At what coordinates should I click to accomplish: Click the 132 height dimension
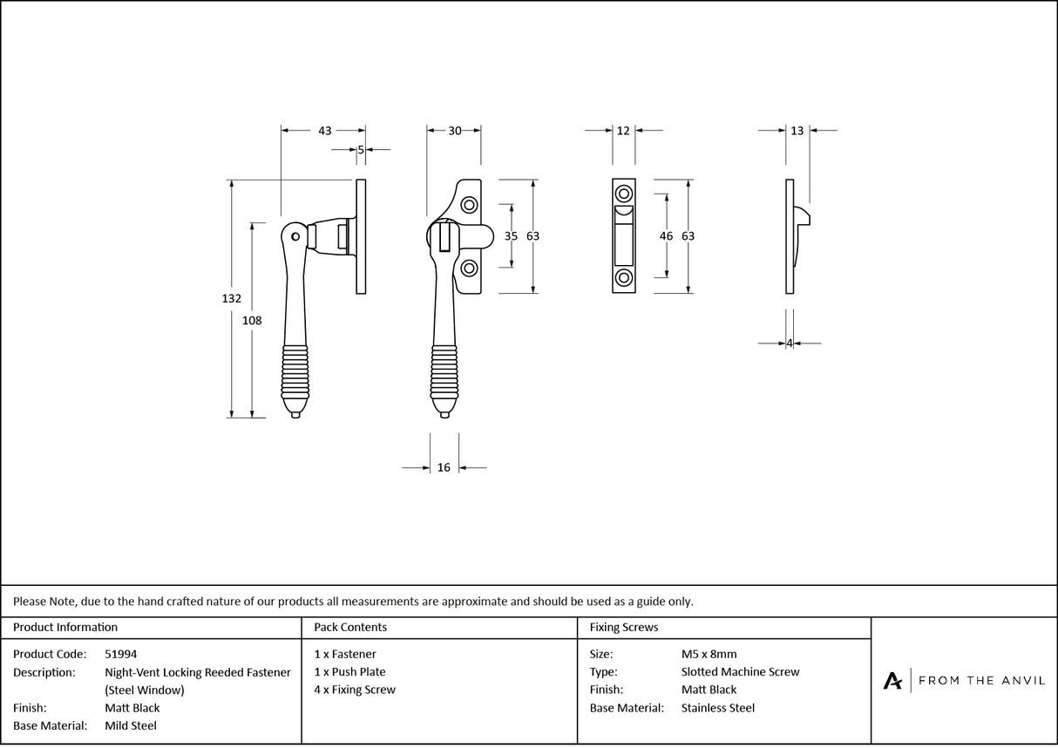point(231,298)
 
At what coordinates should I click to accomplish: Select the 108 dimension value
point(252,320)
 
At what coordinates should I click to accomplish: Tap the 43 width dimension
point(324,131)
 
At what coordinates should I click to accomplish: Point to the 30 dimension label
point(455,131)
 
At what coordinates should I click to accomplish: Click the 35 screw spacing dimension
point(512,236)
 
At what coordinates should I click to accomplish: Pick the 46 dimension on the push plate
point(667,236)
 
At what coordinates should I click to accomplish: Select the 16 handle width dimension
point(444,468)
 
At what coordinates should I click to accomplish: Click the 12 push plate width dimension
point(623,131)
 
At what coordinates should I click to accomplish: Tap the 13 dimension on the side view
point(797,131)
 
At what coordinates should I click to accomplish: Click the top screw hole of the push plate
point(624,194)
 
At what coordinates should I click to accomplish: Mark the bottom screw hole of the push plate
point(624,278)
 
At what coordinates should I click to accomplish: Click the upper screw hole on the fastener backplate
point(470,205)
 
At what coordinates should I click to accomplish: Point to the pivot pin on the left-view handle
point(296,235)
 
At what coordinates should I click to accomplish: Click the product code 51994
point(120,654)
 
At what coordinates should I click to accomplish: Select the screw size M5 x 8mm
point(709,654)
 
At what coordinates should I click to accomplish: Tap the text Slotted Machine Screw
point(740,672)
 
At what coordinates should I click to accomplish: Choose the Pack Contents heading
point(350,627)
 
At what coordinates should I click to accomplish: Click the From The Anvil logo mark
point(892,681)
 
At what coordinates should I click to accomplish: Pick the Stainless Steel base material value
point(717,708)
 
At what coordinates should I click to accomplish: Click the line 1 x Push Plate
point(349,672)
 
